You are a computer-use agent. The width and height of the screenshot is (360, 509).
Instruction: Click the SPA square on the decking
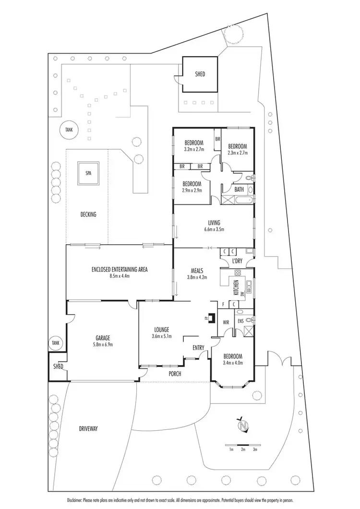point(88,173)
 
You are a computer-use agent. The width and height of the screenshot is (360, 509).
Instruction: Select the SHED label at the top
point(200,74)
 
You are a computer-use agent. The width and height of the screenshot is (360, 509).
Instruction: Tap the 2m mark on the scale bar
point(243,450)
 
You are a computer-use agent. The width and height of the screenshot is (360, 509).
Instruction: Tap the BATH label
point(239,189)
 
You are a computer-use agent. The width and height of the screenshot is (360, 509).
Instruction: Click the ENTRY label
point(199,347)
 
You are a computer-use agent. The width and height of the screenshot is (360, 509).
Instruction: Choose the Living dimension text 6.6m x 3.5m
point(213,229)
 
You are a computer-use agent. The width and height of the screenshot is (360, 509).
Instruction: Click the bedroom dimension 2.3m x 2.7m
point(237,153)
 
